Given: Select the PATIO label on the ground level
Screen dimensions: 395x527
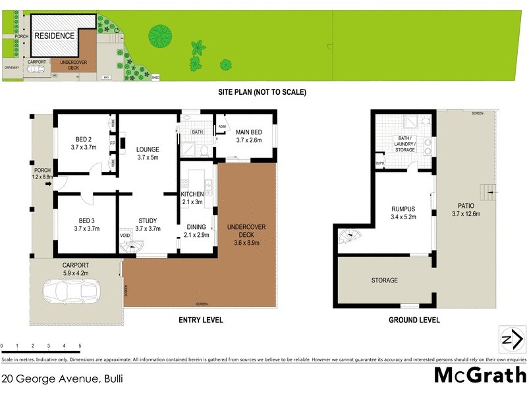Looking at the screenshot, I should (466, 209).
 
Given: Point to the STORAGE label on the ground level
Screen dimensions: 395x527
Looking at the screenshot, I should (384, 280).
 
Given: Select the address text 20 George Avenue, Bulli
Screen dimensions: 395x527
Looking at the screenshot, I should (62, 379).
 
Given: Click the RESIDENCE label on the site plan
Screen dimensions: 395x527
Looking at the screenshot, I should (54, 36).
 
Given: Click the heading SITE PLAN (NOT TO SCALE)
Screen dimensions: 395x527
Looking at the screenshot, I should (262, 92).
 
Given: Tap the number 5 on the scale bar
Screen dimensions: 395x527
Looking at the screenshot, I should (80, 346).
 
